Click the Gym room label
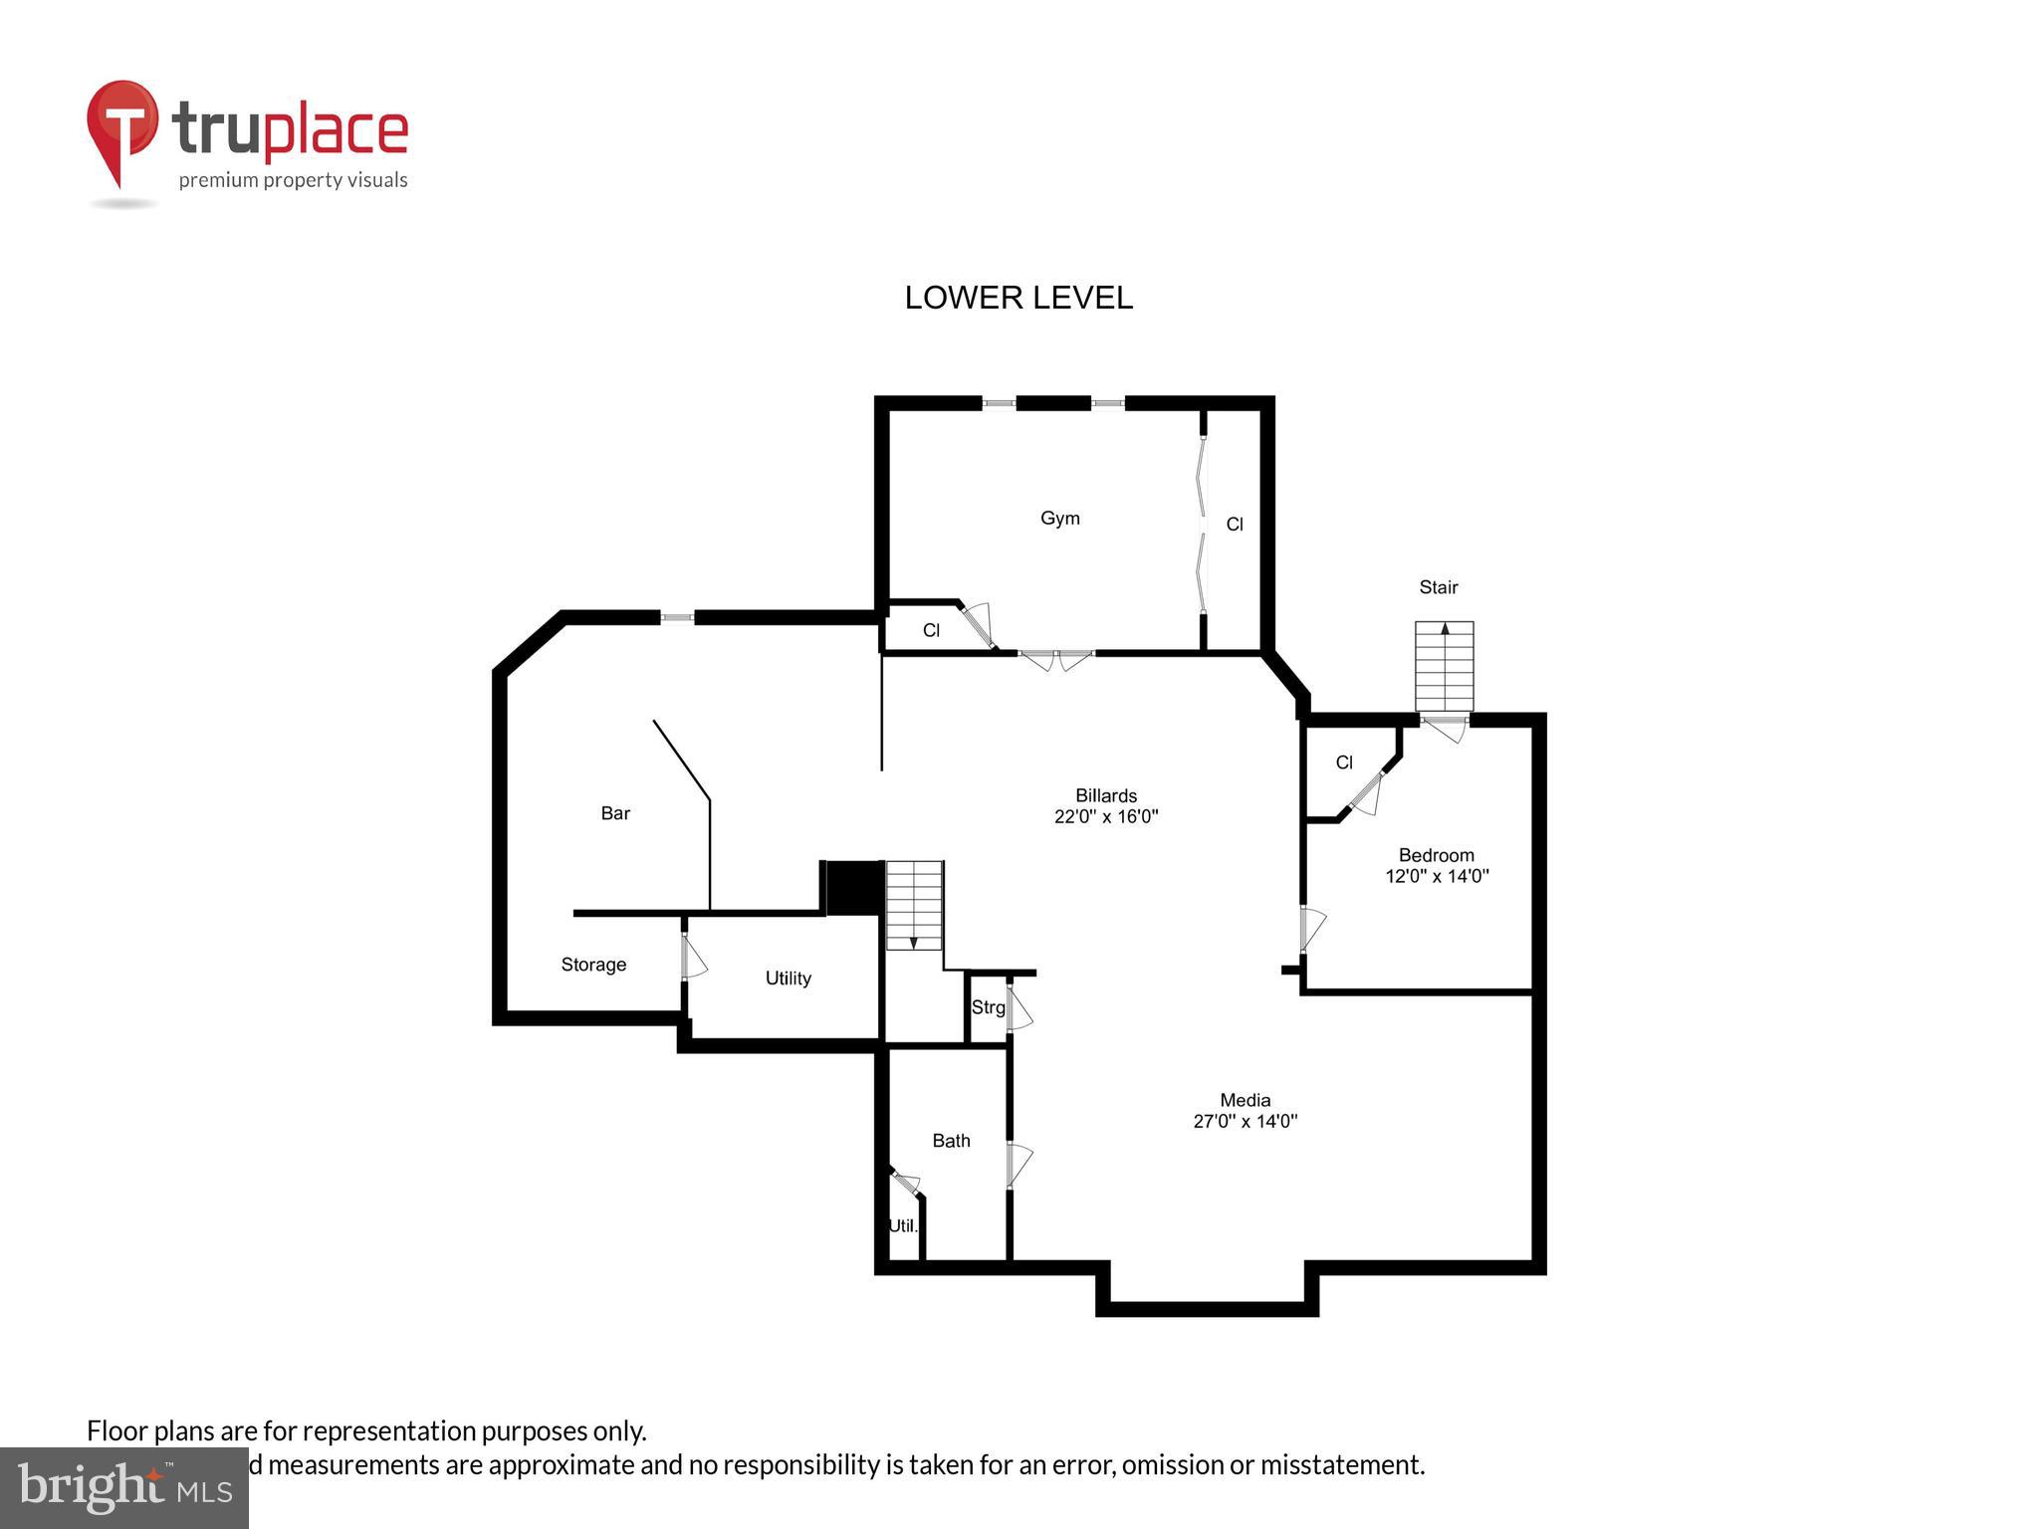pos(1059,518)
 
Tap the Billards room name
pos(1105,795)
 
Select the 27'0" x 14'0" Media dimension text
pos(1245,1121)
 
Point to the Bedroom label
pos(1436,855)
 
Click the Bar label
pos(615,813)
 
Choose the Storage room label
pos(593,965)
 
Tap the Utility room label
pos(788,979)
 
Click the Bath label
pos(951,1141)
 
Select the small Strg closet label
pos(988,1007)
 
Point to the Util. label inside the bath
pos(902,1225)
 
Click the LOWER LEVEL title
pos(1018,298)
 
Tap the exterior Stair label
pos(1438,587)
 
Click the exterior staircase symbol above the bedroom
pos(1444,665)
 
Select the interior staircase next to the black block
pos(914,904)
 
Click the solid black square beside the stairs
pos(853,886)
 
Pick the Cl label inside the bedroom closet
pos(1343,763)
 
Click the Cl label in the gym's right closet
pos(1234,525)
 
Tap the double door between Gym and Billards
pos(1056,658)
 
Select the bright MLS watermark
pos(124,1487)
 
